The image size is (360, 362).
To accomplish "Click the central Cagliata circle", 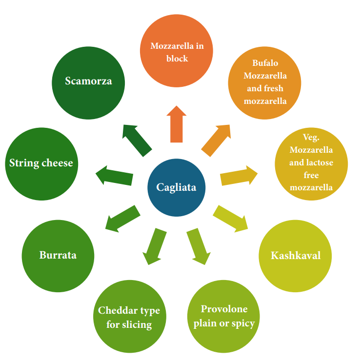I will coord(176,187).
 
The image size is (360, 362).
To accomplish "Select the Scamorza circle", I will coord(88,81).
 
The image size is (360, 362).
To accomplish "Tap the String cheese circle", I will coord(41,163).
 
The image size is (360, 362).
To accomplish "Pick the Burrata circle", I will coord(58,255).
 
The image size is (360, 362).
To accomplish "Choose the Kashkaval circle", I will coord(295,256).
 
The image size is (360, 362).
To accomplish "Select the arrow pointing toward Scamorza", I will coord(137,140).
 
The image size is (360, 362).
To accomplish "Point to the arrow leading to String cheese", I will coord(115,175).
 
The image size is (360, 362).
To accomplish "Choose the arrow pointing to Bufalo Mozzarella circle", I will coord(216,140).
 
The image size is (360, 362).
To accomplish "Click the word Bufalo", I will coord(265,63).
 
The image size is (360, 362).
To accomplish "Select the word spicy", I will coord(242,323).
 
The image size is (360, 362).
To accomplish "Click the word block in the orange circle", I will coord(176,58).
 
